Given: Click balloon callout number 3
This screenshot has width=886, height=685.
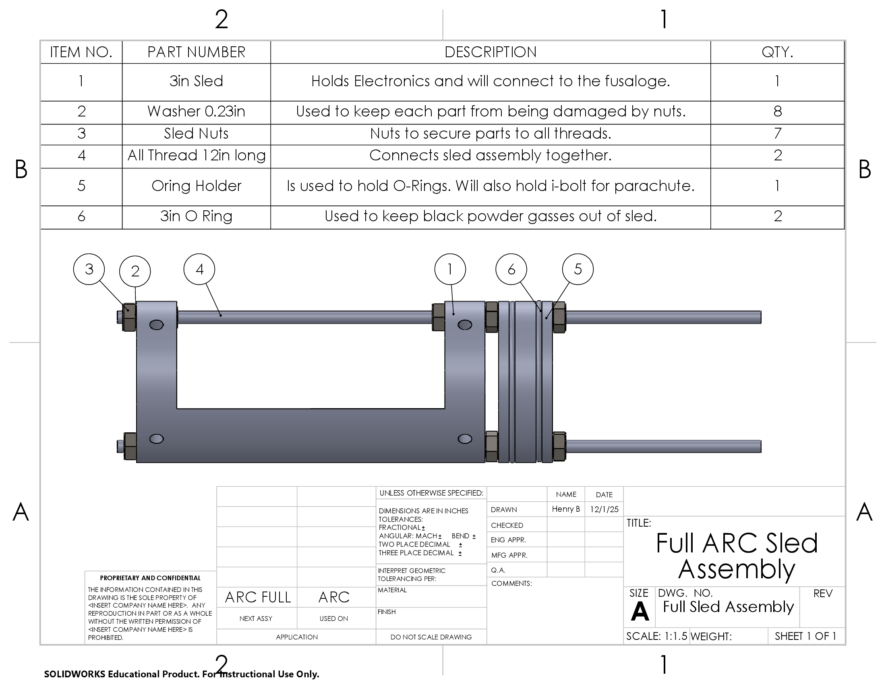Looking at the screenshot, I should pos(89,269).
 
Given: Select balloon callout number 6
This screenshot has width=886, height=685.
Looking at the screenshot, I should pos(511,269).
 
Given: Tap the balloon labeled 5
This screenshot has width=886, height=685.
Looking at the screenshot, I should pos(578,269).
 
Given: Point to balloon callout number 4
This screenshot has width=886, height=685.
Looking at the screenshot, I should pos(199,269).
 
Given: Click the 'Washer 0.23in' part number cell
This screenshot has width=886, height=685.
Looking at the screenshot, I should pos(197,112).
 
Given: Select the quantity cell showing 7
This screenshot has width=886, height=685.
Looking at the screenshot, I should pos(777,133).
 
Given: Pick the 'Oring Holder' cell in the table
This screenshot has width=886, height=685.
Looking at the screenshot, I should pos(197,186).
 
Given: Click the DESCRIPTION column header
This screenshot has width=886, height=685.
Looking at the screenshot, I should pos(491,52).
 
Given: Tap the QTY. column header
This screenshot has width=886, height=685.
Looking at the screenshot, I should pos(777,52).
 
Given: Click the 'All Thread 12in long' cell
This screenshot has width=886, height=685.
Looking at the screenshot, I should pos(197,156).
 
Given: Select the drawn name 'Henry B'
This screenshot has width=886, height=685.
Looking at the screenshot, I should pos(566,509).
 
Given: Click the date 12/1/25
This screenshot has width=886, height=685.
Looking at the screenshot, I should pos(604,509).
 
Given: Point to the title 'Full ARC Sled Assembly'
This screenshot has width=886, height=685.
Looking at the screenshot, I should pos(737,556).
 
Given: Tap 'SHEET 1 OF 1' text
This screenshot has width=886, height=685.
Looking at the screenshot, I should pos(805,636).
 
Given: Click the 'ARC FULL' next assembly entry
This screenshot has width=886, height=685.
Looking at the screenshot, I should pos(258,597).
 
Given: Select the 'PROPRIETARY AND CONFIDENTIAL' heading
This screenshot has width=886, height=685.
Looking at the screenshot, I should pos(150,578).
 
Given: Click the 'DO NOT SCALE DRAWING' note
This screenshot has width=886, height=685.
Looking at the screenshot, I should pos(431,637).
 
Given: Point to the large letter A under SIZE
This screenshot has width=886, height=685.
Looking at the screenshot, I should pos(640,611).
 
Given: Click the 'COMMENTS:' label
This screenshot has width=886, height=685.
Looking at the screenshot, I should pos(511,583).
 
